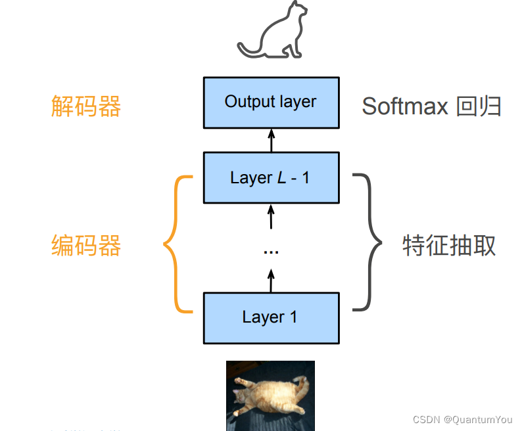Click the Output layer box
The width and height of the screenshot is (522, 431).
click(x=271, y=102)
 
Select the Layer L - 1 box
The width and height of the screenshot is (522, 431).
click(x=271, y=177)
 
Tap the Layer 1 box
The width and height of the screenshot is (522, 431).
click(x=271, y=318)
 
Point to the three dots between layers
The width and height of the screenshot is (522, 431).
click(x=271, y=252)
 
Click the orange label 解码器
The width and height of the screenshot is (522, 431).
click(x=86, y=106)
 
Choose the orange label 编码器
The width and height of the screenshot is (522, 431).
click(x=86, y=246)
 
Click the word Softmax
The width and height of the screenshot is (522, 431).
click(x=404, y=106)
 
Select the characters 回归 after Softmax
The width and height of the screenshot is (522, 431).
click(x=479, y=106)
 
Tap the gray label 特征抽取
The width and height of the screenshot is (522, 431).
click(x=449, y=246)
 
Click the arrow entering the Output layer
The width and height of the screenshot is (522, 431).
click(x=271, y=140)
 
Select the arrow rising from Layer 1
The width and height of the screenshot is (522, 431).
click(x=271, y=281)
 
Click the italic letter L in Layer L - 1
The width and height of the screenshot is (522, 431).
click(x=281, y=178)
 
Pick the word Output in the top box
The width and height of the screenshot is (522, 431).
click(x=249, y=102)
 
